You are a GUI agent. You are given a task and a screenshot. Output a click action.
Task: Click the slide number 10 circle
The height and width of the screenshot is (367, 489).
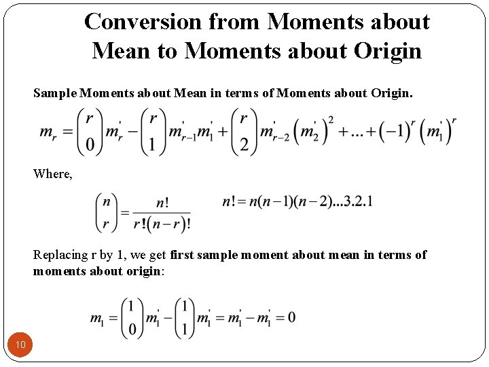(20, 345)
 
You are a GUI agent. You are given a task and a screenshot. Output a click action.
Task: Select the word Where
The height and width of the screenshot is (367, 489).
(52, 173)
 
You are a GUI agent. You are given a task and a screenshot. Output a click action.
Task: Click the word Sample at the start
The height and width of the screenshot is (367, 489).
(54, 93)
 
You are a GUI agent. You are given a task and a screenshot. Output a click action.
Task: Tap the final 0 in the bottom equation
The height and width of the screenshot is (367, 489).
(291, 317)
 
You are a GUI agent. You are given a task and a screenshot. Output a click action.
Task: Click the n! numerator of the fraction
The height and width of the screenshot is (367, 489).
(162, 203)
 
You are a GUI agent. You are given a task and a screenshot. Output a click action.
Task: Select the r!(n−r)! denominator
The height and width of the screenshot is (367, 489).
(162, 222)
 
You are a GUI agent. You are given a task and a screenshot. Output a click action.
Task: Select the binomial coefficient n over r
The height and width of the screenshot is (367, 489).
(106, 212)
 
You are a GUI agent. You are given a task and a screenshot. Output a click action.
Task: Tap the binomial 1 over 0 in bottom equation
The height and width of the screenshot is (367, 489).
(132, 317)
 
